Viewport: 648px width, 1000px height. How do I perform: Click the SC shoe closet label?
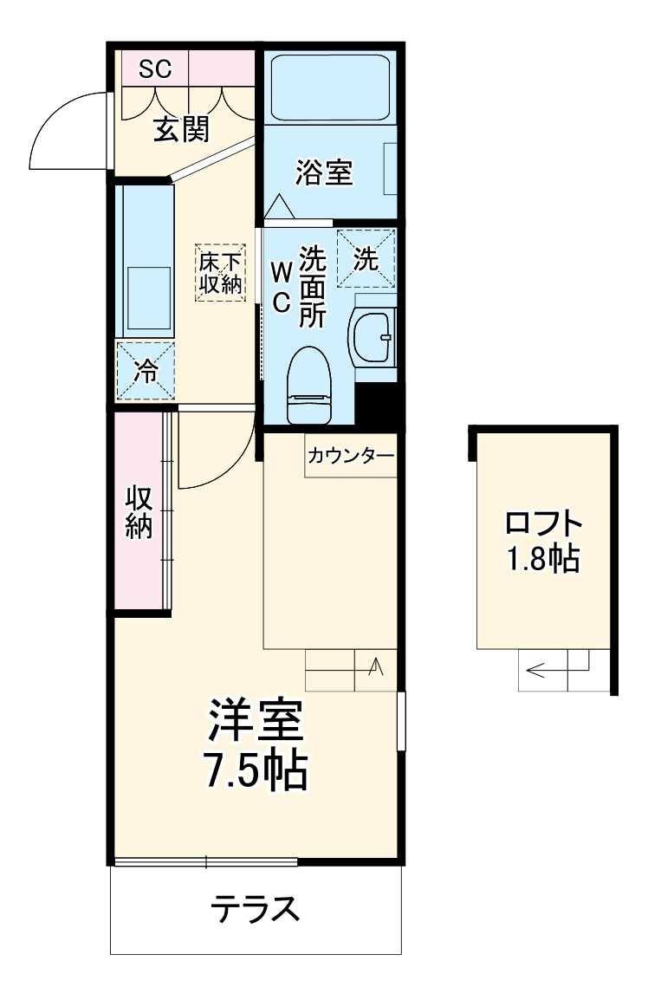(152, 68)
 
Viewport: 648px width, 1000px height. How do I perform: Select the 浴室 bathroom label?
(323, 172)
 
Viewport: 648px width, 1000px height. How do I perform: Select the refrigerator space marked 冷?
(146, 371)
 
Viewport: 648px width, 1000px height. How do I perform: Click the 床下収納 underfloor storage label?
(219, 272)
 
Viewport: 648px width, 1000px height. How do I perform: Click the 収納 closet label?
(139, 512)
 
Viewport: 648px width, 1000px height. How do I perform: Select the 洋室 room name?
(255, 719)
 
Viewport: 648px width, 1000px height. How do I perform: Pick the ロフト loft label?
(543, 524)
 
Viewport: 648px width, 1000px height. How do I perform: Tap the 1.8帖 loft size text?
(543, 560)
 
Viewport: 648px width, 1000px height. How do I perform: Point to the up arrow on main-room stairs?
(376, 666)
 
